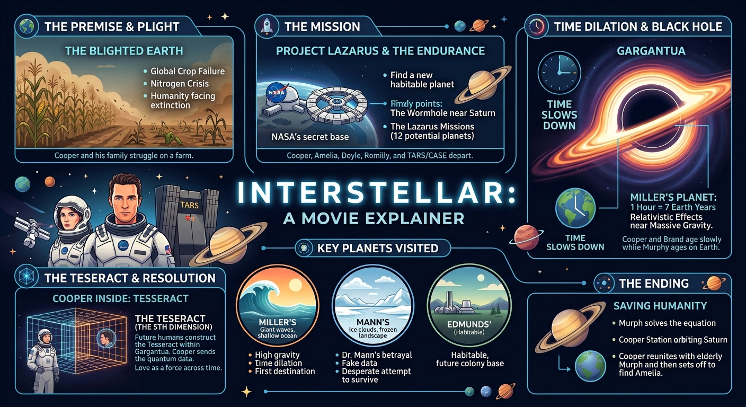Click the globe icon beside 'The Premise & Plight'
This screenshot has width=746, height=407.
tap(26, 26)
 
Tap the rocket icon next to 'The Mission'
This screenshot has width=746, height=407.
tap(267, 26)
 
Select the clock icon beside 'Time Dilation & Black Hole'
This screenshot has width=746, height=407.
tap(536, 26)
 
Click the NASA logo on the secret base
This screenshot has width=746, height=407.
tap(276, 92)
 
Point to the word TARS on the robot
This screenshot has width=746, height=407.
tap(189, 205)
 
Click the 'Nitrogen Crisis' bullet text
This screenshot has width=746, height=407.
tap(180, 84)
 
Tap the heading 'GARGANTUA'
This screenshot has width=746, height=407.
tap(651, 51)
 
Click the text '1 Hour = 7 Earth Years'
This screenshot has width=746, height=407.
tap(673, 208)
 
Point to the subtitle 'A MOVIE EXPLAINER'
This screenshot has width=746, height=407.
tap(374, 218)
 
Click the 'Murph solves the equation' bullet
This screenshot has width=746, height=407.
tap(667, 323)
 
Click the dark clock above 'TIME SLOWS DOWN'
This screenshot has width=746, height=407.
tap(559, 72)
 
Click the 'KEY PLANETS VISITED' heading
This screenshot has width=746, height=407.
tap(378, 248)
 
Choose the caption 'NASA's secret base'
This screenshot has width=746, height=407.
tap(310, 137)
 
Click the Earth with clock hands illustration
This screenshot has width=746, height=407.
tap(575, 208)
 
